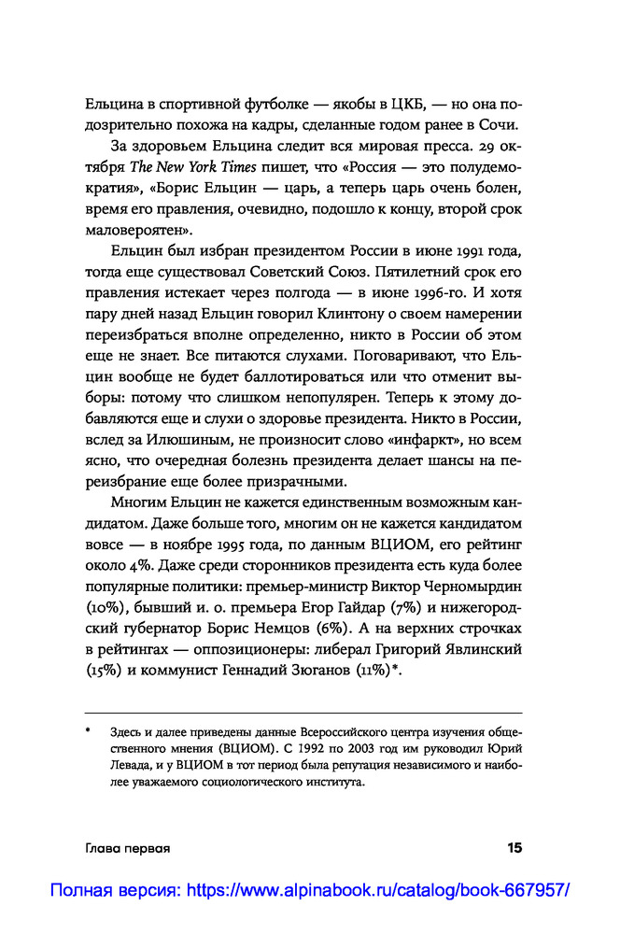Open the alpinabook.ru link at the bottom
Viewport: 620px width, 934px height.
click(309, 890)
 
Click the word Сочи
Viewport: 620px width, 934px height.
click(502, 126)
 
